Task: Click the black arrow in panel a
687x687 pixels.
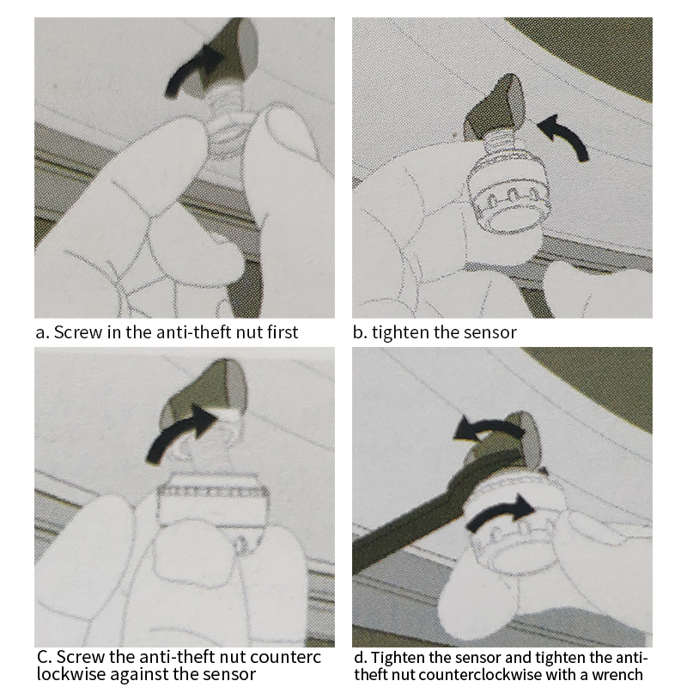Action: click(x=189, y=70)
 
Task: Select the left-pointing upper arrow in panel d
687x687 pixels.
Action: click(x=489, y=427)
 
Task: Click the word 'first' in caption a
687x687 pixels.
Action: click(x=283, y=332)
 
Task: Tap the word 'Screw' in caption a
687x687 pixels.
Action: click(x=77, y=332)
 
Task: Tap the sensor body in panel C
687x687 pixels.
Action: click(x=213, y=500)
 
